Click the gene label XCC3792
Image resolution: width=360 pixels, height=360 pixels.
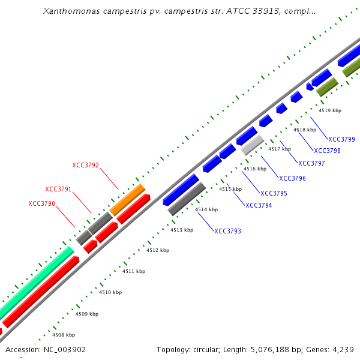pyautogui.click(x=85, y=165)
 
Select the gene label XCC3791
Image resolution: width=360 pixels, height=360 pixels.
pyautogui.click(x=58, y=189)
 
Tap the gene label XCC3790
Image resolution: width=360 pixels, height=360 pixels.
pyautogui.click(x=41, y=203)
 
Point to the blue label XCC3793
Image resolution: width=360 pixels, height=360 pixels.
pyautogui.click(x=227, y=231)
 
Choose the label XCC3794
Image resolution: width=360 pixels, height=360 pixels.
pyautogui.click(x=259, y=205)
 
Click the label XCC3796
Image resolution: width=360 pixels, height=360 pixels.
pyautogui.click(x=292, y=178)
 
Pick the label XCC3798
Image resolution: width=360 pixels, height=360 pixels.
pyautogui.click(x=327, y=151)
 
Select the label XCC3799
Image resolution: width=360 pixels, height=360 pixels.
pyautogui.click(x=341, y=139)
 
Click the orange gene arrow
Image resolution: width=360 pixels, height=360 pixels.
pyautogui.click(x=128, y=196)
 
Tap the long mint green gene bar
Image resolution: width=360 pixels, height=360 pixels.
pyautogui.click(x=36, y=282)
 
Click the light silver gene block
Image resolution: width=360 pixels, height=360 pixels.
pyautogui.click(x=253, y=145)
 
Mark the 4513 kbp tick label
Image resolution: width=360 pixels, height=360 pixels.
pyautogui.click(x=182, y=230)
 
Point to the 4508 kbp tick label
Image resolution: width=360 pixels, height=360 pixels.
pyautogui.click(x=64, y=335)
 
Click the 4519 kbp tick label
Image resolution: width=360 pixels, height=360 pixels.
pyautogui.click(x=329, y=110)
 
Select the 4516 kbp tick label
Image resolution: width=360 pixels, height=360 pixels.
pyautogui.click(x=254, y=169)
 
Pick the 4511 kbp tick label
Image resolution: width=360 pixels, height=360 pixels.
pyautogui.click(x=134, y=271)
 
